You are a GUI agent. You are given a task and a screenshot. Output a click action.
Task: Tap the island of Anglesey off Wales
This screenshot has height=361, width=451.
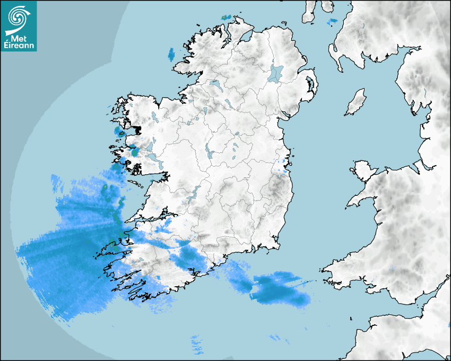(x=363, y=169)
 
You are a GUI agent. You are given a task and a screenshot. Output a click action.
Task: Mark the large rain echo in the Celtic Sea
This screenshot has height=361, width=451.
(x=280, y=289)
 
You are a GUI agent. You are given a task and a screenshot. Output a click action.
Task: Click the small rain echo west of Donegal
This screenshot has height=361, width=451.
(x=171, y=54)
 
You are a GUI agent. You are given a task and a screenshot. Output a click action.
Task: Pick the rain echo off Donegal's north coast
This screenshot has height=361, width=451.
(x=227, y=18)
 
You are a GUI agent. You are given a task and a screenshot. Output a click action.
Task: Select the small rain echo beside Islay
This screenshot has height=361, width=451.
(x=333, y=22)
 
